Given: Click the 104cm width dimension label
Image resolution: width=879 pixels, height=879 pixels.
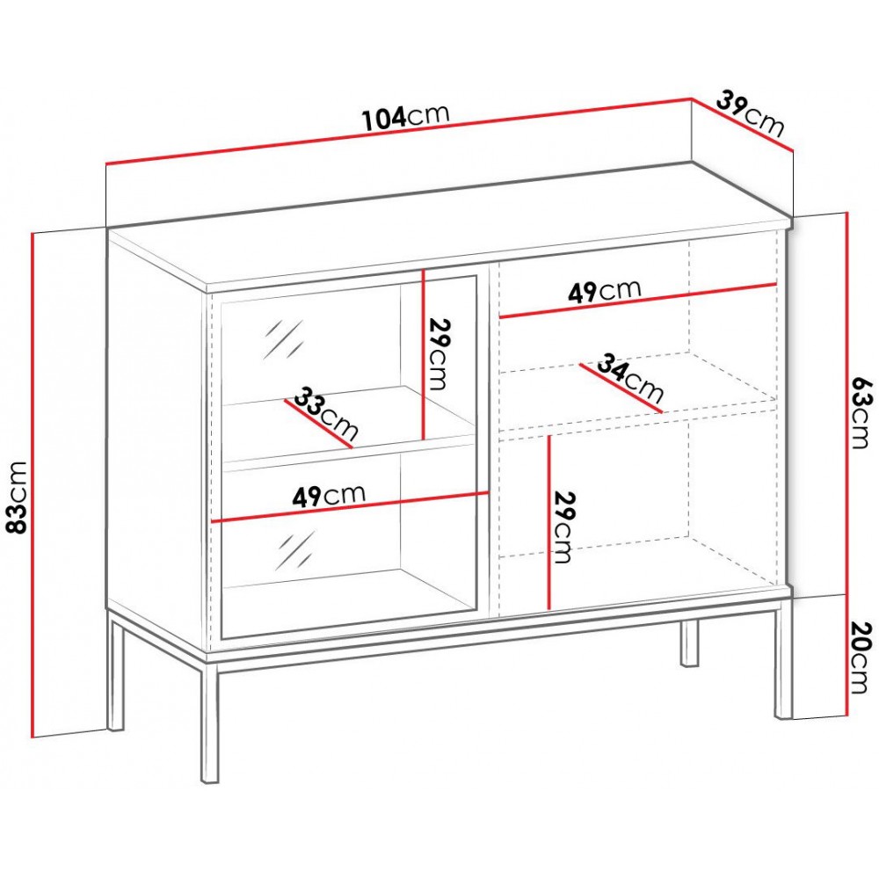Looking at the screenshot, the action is tap(406, 117).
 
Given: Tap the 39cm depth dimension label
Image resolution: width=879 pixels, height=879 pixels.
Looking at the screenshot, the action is tap(750, 113).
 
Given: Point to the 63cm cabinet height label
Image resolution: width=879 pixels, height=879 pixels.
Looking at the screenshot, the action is tap(861, 413).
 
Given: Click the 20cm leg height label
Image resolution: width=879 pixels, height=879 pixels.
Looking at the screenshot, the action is tap(861, 657).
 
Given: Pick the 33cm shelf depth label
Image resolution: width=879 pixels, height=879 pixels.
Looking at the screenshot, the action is tap(326, 413).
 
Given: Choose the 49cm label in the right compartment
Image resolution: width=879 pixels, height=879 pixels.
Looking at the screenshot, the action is tap(605, 291).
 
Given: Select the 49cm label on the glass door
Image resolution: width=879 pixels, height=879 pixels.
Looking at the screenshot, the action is tap(329, 496).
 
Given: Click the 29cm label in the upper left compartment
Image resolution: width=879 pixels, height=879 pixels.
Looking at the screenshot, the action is tap(439, 353).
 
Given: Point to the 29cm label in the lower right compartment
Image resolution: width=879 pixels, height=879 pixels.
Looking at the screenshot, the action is tap(564, 527).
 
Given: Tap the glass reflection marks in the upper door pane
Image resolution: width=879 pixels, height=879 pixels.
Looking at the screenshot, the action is tap(284, 339).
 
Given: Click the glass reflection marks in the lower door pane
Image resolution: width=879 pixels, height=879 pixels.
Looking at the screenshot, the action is tap(295, 550).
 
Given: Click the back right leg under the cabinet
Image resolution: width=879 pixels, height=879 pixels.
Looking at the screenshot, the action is tap(690, 643).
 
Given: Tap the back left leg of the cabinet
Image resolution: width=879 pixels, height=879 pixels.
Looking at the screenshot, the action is tap(115, 670).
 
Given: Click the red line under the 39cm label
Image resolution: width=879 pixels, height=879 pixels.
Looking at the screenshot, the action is tap(742, 125).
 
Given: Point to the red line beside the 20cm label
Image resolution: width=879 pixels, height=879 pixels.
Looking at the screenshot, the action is tap(846, 656).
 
